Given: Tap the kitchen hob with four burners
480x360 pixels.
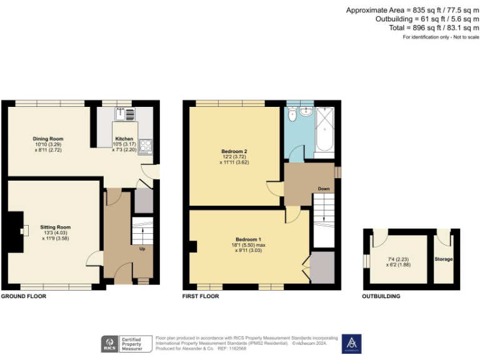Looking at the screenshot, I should [145, 146].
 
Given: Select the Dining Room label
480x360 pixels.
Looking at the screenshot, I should [48, 139].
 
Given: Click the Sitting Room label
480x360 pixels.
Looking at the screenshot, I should [56, 227].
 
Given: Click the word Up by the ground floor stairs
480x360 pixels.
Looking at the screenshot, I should [141, 248].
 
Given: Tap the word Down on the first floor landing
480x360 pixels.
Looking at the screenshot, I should [324, 188].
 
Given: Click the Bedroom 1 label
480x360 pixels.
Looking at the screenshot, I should [249, 239].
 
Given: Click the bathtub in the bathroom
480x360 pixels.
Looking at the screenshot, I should [325, 129].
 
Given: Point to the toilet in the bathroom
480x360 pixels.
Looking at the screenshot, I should [292, 116].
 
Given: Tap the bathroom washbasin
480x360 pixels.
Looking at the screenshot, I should [306, 111].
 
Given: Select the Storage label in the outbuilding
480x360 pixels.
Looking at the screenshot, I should [444, 259].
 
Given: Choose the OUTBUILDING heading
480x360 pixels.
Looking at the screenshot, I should [381, 296].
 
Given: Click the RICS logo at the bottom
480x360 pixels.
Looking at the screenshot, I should [111, 343].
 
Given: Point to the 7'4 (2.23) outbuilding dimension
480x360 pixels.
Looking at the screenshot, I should [399, 258].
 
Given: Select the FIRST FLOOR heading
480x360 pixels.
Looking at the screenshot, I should [201, 296].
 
